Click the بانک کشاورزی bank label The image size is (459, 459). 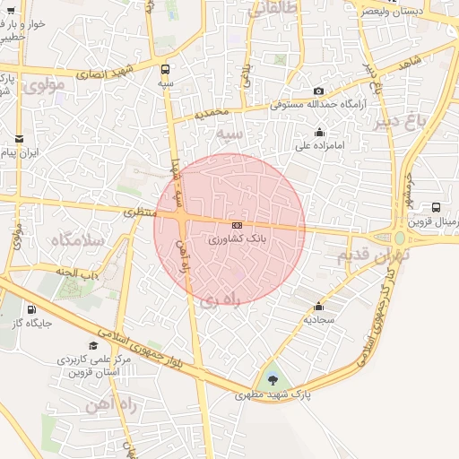238,239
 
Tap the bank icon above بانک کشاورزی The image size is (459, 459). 237,225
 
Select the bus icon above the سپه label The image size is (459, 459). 165,68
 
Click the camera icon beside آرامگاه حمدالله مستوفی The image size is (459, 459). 318,91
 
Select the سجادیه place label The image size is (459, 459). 318,318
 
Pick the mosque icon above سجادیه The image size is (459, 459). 318,305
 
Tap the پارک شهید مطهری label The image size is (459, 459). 266,394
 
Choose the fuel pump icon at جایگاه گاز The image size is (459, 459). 32,307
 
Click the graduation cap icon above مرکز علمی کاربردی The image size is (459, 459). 93,345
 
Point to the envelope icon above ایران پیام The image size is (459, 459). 20,138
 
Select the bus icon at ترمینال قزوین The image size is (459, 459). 436,207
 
